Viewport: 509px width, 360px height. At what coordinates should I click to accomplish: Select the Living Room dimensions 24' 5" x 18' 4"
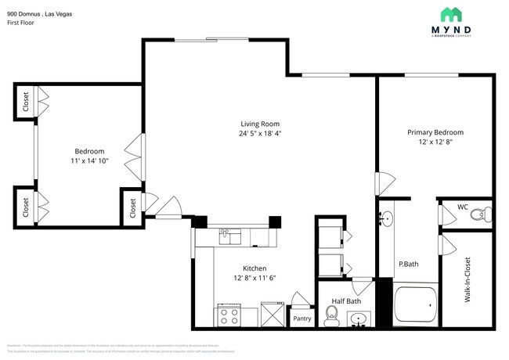pos(259,134)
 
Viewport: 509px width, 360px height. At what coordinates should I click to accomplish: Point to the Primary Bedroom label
pos(435,132)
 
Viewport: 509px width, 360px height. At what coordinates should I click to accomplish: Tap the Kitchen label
pos(254,267)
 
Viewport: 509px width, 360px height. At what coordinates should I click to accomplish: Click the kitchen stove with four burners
pos(229,315)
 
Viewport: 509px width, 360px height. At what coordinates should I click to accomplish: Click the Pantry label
pos(301,319)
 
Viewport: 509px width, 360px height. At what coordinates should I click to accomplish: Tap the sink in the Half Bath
pos(359,319)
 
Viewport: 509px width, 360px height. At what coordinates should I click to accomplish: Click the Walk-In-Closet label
pos(467,279)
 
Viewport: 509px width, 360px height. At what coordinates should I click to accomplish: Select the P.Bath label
pos(408,265)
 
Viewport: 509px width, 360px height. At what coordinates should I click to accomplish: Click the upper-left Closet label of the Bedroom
pos(26,103)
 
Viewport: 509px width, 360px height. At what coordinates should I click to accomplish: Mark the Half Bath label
pos(347,301)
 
